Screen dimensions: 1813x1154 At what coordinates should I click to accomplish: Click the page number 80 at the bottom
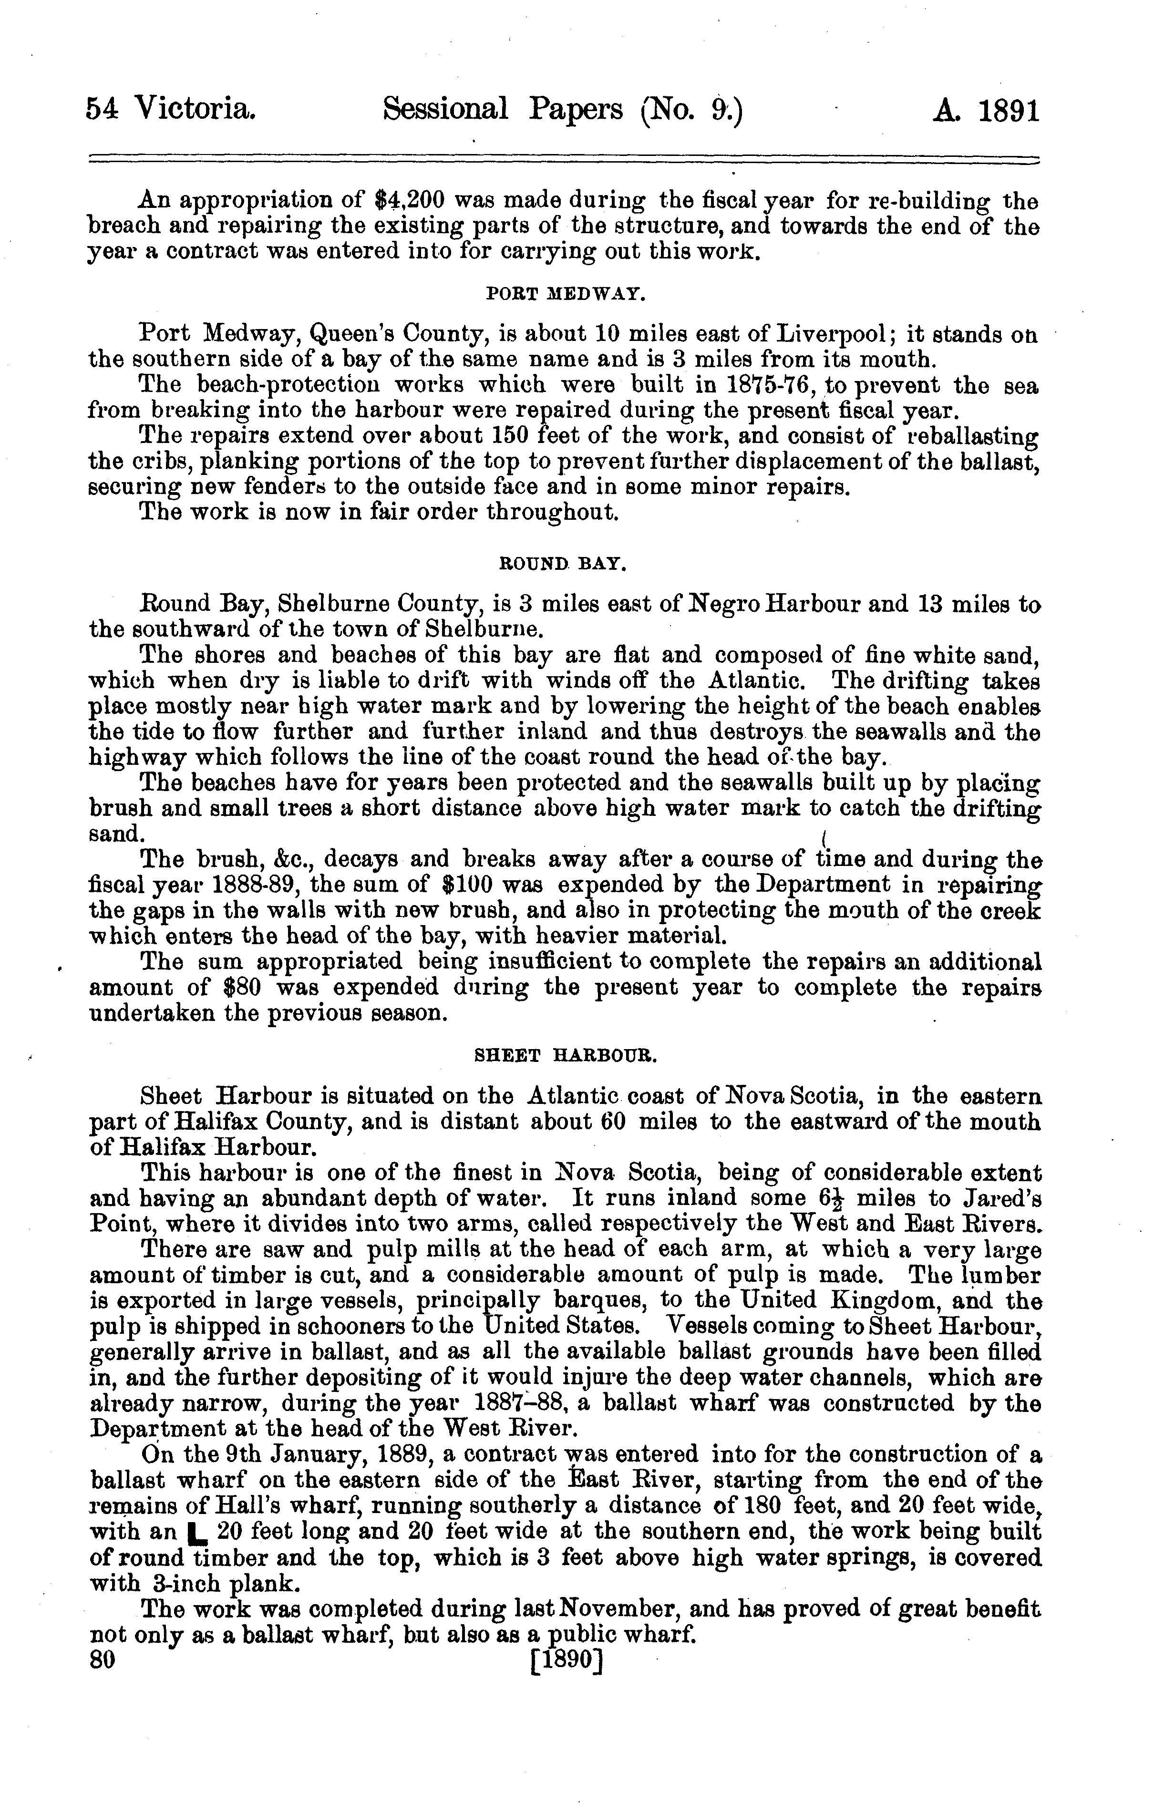[x=102, y=1659]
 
